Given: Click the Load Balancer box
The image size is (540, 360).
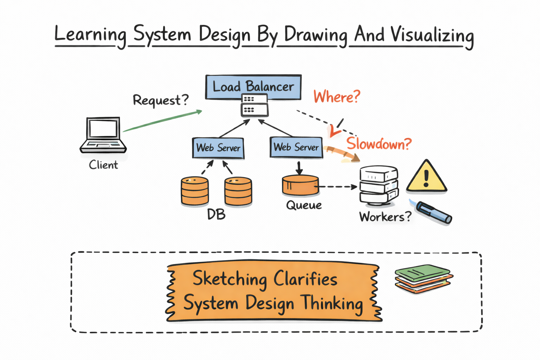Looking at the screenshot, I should point(253,86).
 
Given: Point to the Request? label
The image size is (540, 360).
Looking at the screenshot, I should point(160,100).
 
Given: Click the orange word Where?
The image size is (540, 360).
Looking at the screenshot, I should point(337,97).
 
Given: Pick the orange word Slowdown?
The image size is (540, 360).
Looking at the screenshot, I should point(379,144).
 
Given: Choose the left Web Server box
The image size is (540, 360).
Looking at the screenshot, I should point(218,148).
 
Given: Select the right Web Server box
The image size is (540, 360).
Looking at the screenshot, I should point(296,147).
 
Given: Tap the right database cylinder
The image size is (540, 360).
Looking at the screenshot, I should point(238,191).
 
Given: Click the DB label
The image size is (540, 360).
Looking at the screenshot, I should point(216,214).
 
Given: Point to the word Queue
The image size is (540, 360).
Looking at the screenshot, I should point(304,205).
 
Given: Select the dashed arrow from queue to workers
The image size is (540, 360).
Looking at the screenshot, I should point(337,187).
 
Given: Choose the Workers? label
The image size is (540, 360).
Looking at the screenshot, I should point(385,217).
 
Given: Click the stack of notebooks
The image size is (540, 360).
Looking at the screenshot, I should point(423,279).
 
